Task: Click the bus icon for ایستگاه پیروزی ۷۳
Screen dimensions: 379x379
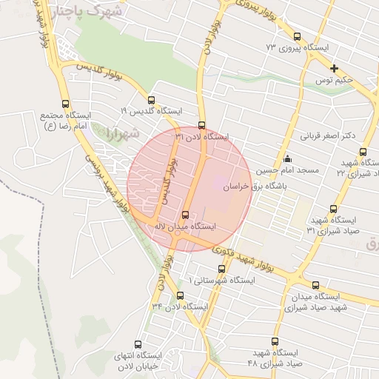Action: [298, 36]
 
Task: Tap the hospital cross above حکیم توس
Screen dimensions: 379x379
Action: [334, 67]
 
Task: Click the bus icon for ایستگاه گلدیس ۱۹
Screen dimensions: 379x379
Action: [152, 100]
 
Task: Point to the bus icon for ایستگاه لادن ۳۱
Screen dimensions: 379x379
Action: [201, 125]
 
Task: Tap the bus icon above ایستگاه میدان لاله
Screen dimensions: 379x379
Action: [185, 215]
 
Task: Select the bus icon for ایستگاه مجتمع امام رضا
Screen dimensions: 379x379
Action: [66, 104]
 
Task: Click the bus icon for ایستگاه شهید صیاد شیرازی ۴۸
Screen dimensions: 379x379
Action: [275, 341]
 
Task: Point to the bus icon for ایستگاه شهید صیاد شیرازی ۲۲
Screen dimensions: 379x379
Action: [363, 152]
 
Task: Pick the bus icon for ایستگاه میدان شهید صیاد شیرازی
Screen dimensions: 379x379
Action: [316, 285]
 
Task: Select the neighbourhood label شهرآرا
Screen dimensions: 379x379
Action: [118, 134]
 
